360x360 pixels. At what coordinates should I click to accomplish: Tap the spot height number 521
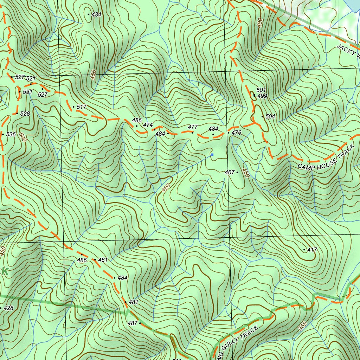click(x=31, y=78)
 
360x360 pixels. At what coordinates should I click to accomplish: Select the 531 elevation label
click(x=27, y=92)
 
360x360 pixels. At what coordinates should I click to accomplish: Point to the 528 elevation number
click(x=25, y=114)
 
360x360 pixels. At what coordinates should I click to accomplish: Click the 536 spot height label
click(x=11, y=135)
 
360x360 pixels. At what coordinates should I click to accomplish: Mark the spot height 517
click(x=81, y=107)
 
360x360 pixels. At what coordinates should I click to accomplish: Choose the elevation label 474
click(x=148, y=125)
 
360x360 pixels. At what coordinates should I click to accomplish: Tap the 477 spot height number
click(x=193, y=127)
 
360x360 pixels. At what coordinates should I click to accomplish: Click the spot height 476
click(x=237, y=133)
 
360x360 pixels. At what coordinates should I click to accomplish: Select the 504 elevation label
click(x=270, y=117)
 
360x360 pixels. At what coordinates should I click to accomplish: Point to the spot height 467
click(x=230, y=173)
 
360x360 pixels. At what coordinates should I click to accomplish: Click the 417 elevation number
click(x=312, y=250)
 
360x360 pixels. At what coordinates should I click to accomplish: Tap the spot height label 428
click(x=8, y=308)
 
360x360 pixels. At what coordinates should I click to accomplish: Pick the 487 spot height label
click(x=132, y=323)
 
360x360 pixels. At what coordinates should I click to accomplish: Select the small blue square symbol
click(x=212, y=154)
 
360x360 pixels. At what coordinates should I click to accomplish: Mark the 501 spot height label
click(x=261, y=90)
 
